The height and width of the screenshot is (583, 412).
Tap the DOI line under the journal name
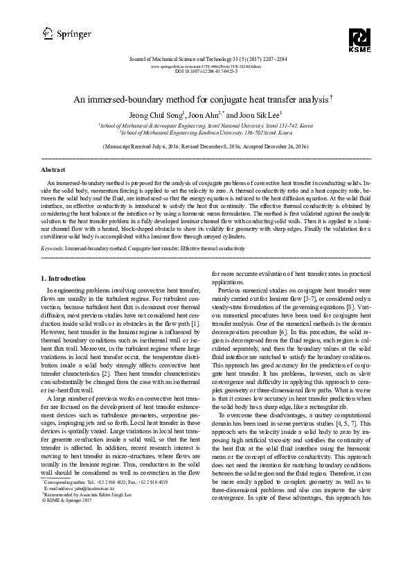(x=205, y=71)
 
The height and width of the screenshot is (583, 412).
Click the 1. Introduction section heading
(x=64, y=278)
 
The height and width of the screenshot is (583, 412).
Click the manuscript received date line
(x=205, y=148)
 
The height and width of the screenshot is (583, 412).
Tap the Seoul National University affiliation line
(x=205, y=125)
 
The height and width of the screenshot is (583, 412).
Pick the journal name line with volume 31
(x=205, y=60)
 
